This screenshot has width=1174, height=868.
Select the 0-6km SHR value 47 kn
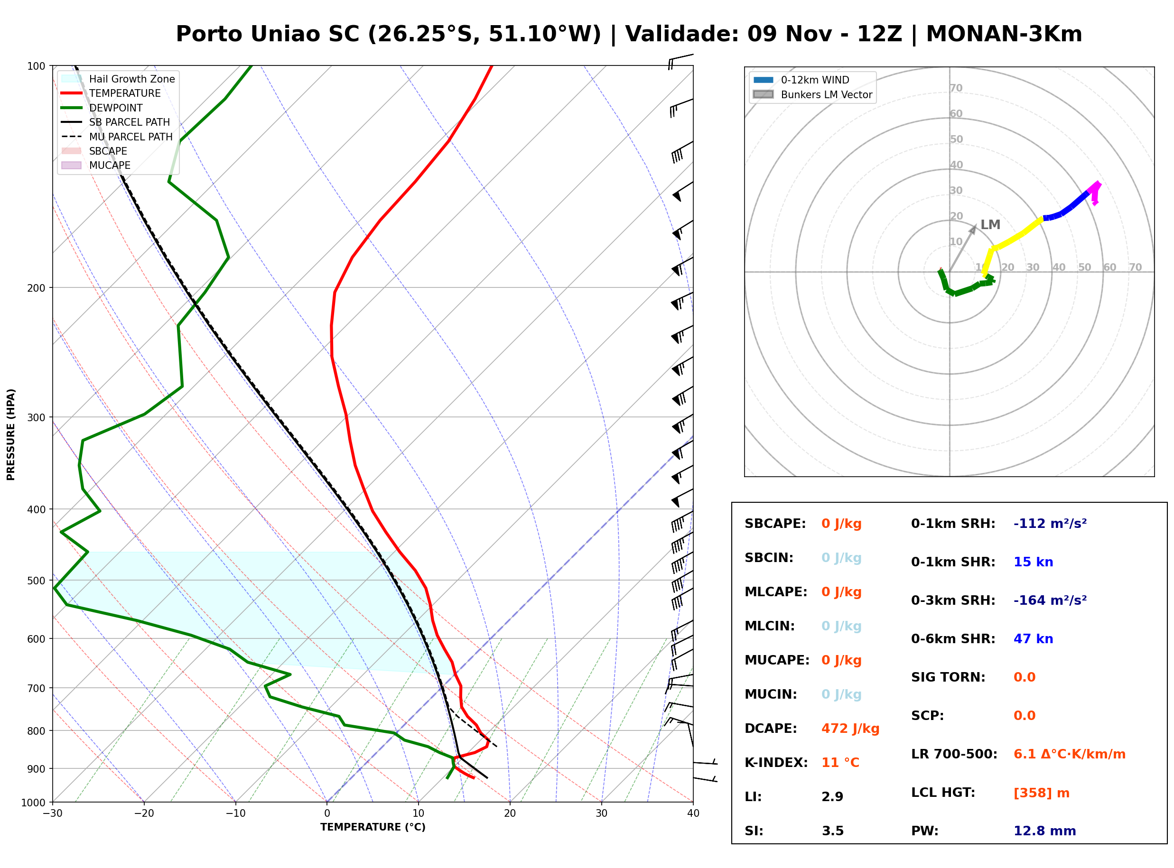point(1033,638)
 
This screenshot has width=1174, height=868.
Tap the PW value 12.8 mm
point(1044,831)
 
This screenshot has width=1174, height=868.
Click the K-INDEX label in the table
point(776,762)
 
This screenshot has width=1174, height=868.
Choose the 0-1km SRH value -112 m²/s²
point(1050,523)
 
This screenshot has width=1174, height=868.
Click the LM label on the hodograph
point(990,224)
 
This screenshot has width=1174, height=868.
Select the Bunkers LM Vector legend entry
point(812,94)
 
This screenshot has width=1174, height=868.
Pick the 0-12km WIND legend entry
point(801,80)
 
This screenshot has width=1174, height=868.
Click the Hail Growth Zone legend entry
point(118,79)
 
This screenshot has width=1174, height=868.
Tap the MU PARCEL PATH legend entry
point(117,137)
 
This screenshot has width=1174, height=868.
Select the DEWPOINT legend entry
point(102,108)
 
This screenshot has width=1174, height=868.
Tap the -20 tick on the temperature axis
point(144,813)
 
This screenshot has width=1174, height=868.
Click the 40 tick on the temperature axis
point(693,813)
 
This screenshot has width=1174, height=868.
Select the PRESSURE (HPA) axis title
point(11,434)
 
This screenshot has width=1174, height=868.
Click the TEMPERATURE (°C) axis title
point(373,827)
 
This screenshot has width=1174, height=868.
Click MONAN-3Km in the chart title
point(1004,34)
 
